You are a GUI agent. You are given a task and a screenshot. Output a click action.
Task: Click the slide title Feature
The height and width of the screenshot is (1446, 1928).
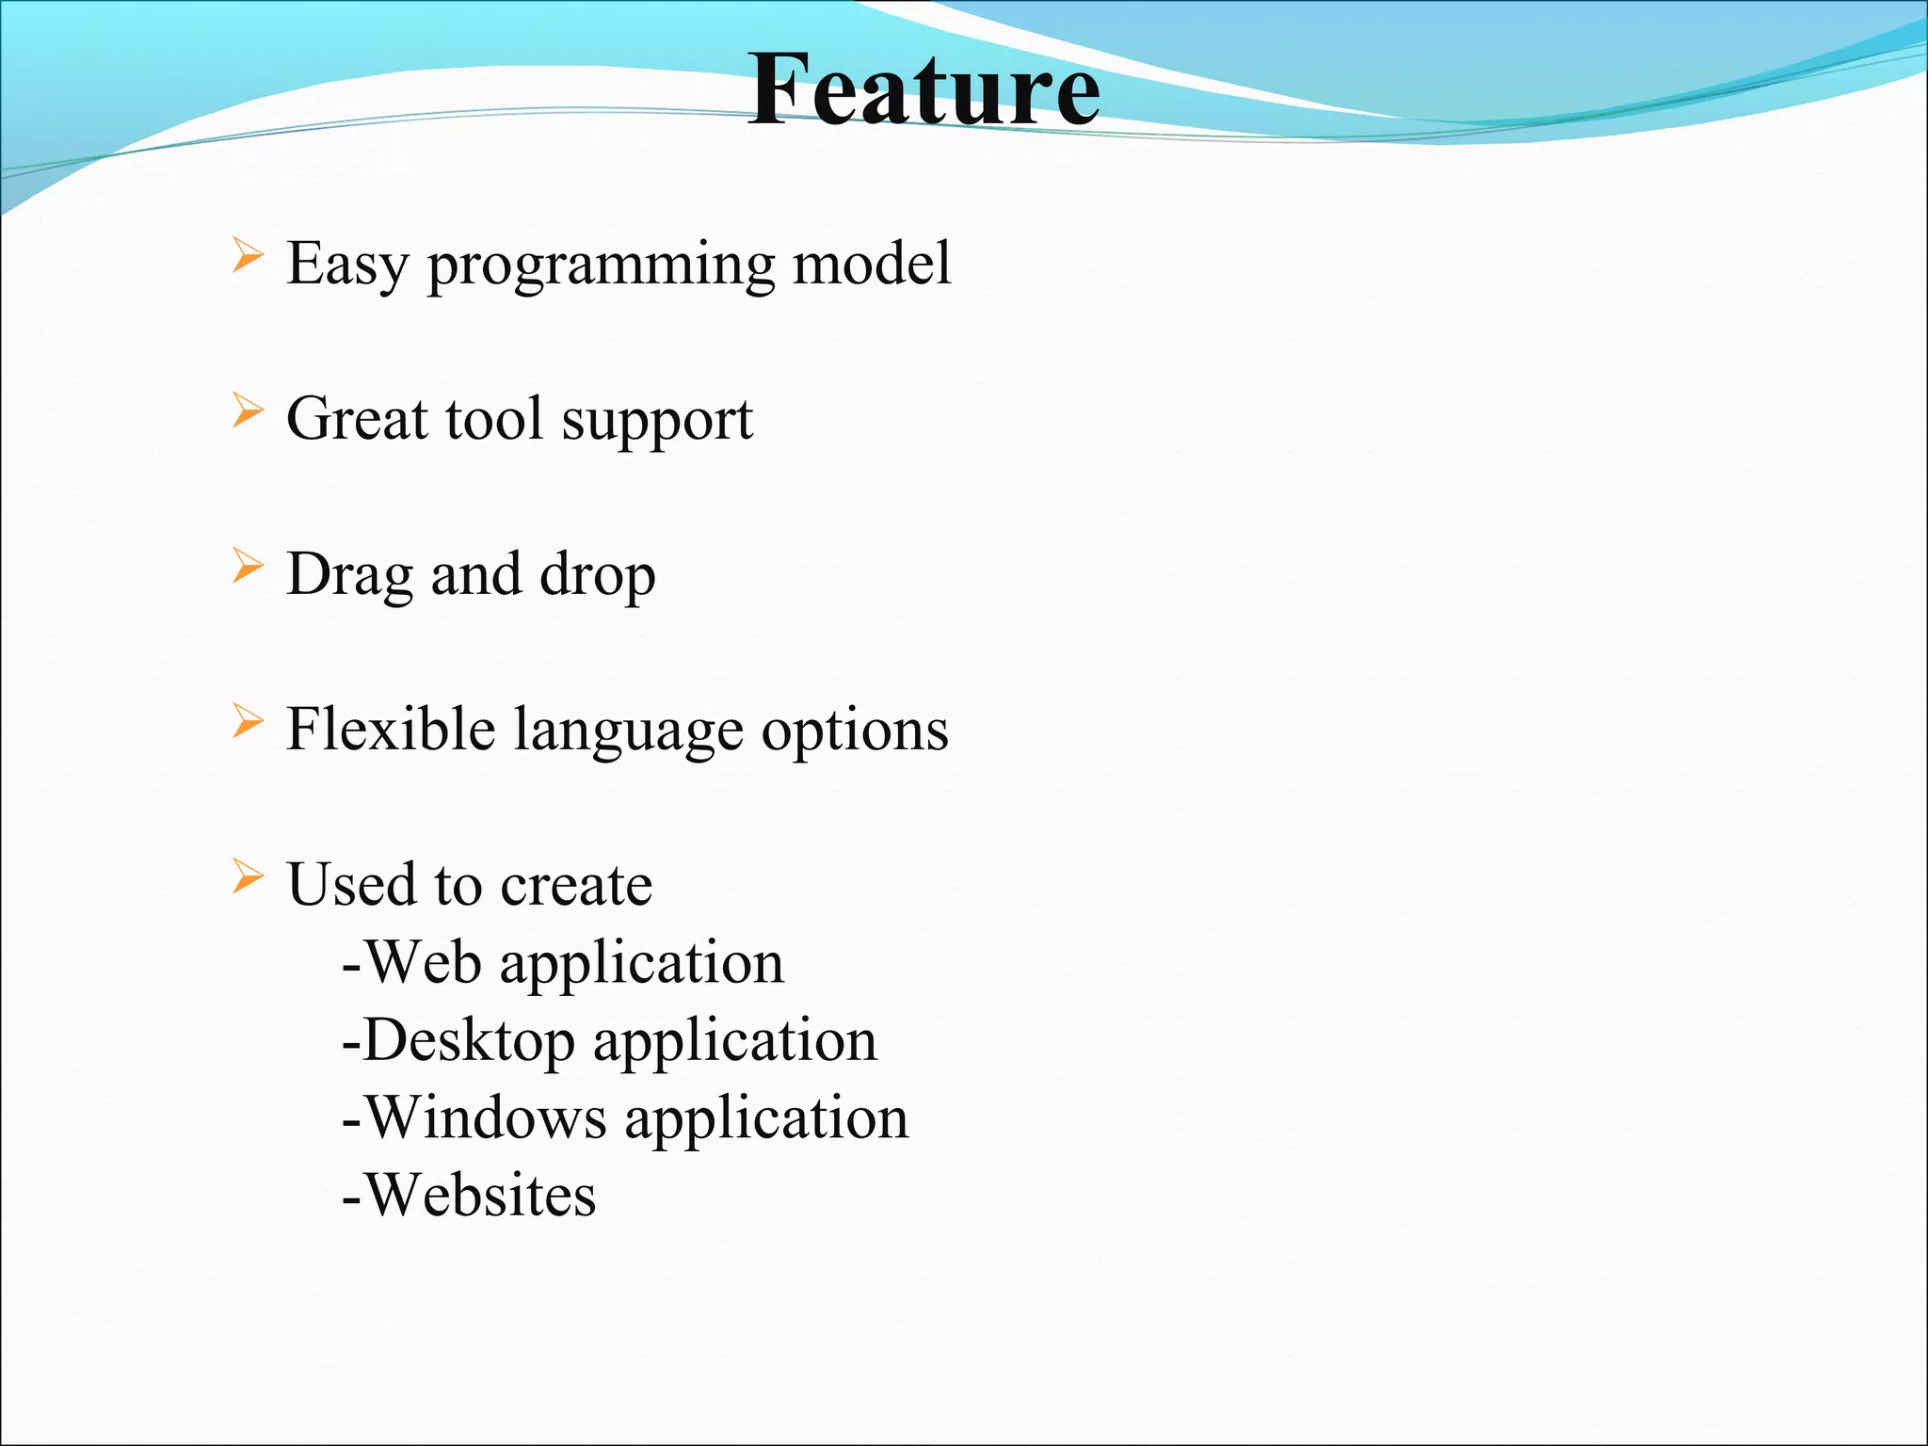tap(924, 89)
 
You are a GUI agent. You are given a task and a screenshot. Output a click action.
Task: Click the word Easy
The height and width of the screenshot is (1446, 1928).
tap(346, 265)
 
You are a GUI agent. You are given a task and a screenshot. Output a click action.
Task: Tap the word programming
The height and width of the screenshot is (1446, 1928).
tap(601, 266)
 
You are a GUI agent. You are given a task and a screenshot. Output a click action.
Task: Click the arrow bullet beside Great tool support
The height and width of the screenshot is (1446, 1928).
tap(247, 412)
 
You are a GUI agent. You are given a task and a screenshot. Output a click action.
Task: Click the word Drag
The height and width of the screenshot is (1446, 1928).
tap(349, 575)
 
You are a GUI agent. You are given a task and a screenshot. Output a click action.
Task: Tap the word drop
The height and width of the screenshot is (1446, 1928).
tap(597, 575)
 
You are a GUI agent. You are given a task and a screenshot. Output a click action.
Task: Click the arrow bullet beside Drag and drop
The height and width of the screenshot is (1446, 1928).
tap(247, 568)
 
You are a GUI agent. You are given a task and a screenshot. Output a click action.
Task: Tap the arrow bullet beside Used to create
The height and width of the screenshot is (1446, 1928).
tap(247, 877)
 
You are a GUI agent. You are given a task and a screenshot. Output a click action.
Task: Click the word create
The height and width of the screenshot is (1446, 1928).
tap(576, 885)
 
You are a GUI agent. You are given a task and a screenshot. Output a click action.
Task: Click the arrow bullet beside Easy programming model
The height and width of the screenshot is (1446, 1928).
tap(247, 257)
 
